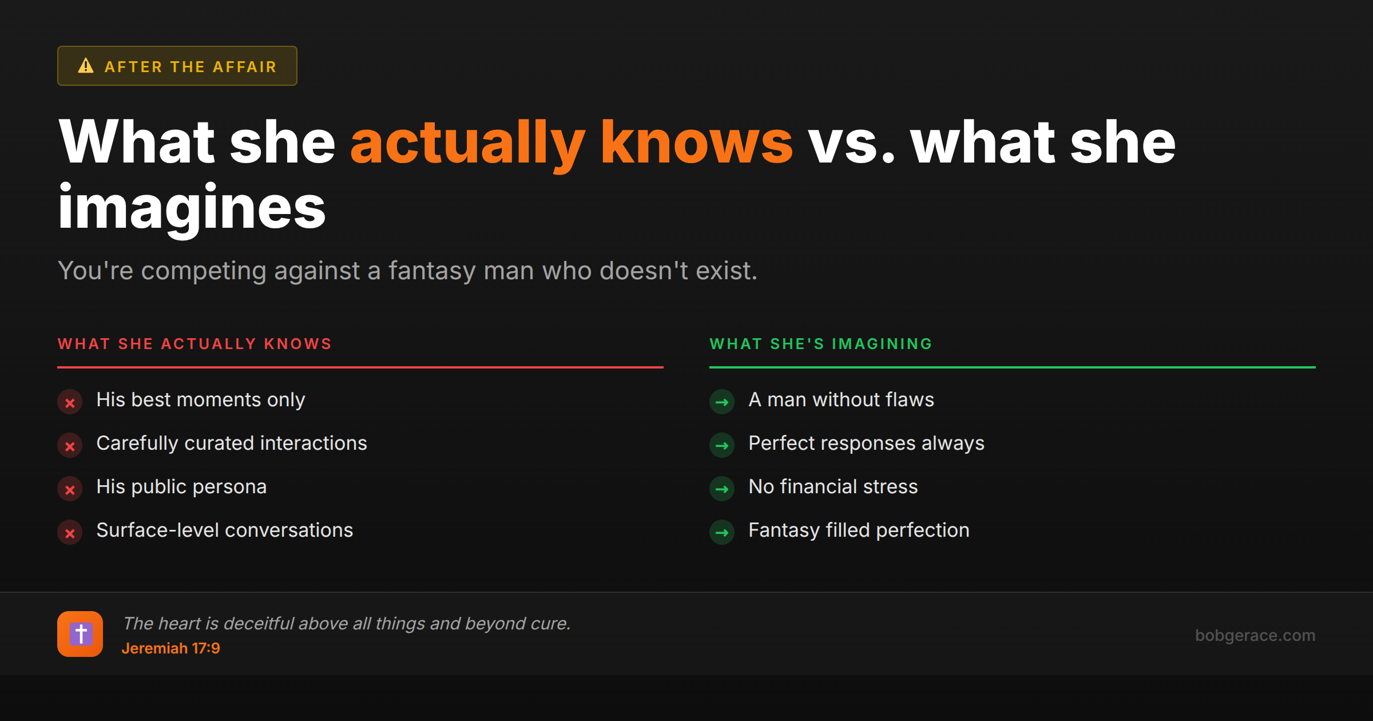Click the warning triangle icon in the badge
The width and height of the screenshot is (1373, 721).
(x=86, y=66)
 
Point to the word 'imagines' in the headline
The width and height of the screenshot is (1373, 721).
(x=192, y=208)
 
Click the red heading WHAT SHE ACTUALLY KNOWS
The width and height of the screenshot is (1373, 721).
(x=195, y=344)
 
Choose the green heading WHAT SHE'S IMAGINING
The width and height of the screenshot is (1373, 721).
(x=821, y=344)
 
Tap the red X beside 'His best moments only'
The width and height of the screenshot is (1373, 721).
(x=70, y=402)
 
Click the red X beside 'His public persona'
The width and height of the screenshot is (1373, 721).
(x=70, y=489)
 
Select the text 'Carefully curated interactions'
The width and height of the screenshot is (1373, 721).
(x=232, y=443)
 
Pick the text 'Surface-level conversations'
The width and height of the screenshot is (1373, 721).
(x=225, y=530)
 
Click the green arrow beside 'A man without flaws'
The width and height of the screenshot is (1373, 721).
(x=722, y=402)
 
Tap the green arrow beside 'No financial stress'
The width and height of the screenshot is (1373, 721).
(x=722, y=489)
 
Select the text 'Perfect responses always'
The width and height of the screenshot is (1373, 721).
(x=866, y=443)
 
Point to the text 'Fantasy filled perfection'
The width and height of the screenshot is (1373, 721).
(x=859, y=530)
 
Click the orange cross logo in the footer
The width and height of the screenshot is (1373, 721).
(x=80, y=634)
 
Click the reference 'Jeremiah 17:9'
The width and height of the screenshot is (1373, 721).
(x=170, y=648)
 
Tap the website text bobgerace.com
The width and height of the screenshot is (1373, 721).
(x=1255, y=635)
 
